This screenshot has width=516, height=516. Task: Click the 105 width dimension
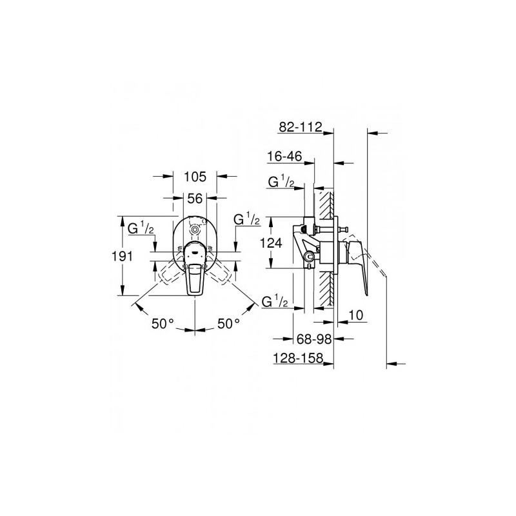coord(195,177)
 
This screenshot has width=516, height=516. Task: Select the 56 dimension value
coord(195,199)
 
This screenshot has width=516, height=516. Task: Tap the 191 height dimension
coord(123,255)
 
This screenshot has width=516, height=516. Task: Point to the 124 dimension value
coord(271,243)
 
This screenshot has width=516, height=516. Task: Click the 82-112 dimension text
coord(300,127)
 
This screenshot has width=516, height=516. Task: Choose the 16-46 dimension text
coord(284,157)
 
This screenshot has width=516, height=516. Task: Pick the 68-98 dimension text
coord(314,339)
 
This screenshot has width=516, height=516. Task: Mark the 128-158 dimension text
coord(299,358)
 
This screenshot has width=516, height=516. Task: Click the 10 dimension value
coord(355,315)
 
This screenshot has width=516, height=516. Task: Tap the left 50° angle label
coord(163,324)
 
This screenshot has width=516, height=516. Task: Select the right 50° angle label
coord(229,324)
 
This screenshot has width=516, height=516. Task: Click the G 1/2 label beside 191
coord(141,228)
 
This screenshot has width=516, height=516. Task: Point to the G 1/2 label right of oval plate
coord(247,219)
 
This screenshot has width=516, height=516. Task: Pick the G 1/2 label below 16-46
coord(281,182)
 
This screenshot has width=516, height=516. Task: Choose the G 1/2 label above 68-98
coord(275,301)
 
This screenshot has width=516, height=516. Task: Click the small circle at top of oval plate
coord(195,230)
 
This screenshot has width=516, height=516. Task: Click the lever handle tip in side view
coord(366,294)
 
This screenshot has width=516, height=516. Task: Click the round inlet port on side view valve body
coord(309,257)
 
